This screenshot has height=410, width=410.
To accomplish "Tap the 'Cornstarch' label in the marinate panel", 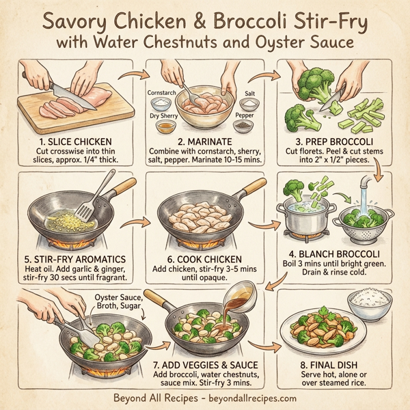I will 163,91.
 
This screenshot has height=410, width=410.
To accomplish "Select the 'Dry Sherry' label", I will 165,115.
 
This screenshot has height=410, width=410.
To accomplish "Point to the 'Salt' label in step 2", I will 251,91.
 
